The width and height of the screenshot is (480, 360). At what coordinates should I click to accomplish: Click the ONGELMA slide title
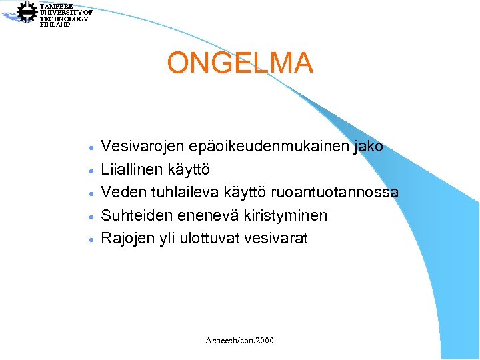(240, 63)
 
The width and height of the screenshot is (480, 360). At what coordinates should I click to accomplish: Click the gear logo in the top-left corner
(27, 12)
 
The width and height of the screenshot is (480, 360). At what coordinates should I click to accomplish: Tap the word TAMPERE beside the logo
(56, 5)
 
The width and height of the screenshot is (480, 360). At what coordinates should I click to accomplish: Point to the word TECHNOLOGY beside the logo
(63, 19)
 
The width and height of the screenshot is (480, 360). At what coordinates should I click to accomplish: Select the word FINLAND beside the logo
(55, 25)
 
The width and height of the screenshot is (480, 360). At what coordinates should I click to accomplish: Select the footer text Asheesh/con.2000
(240, 341)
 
